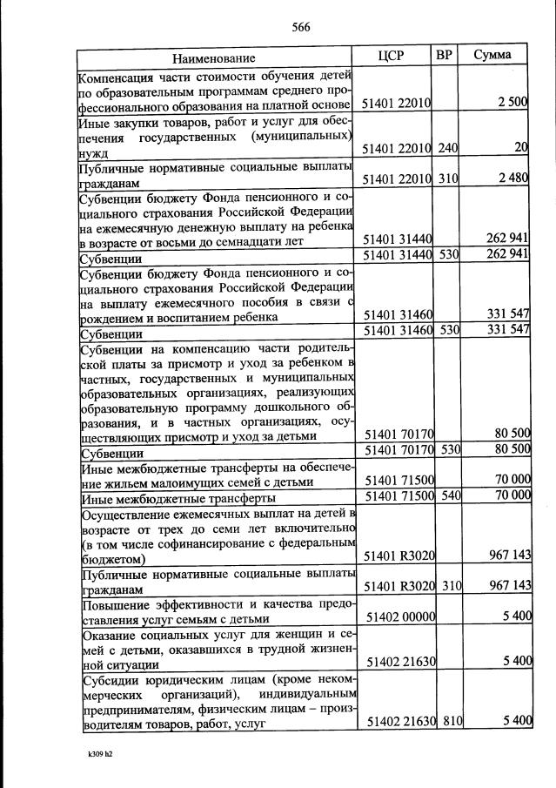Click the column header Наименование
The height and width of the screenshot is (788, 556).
coord(213,58)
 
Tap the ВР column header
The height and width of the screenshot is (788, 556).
coord(444,56)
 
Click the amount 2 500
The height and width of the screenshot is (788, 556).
coord(512,103)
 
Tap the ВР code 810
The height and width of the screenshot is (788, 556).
coord(447,722)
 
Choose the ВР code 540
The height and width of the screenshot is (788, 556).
coord(447,497)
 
